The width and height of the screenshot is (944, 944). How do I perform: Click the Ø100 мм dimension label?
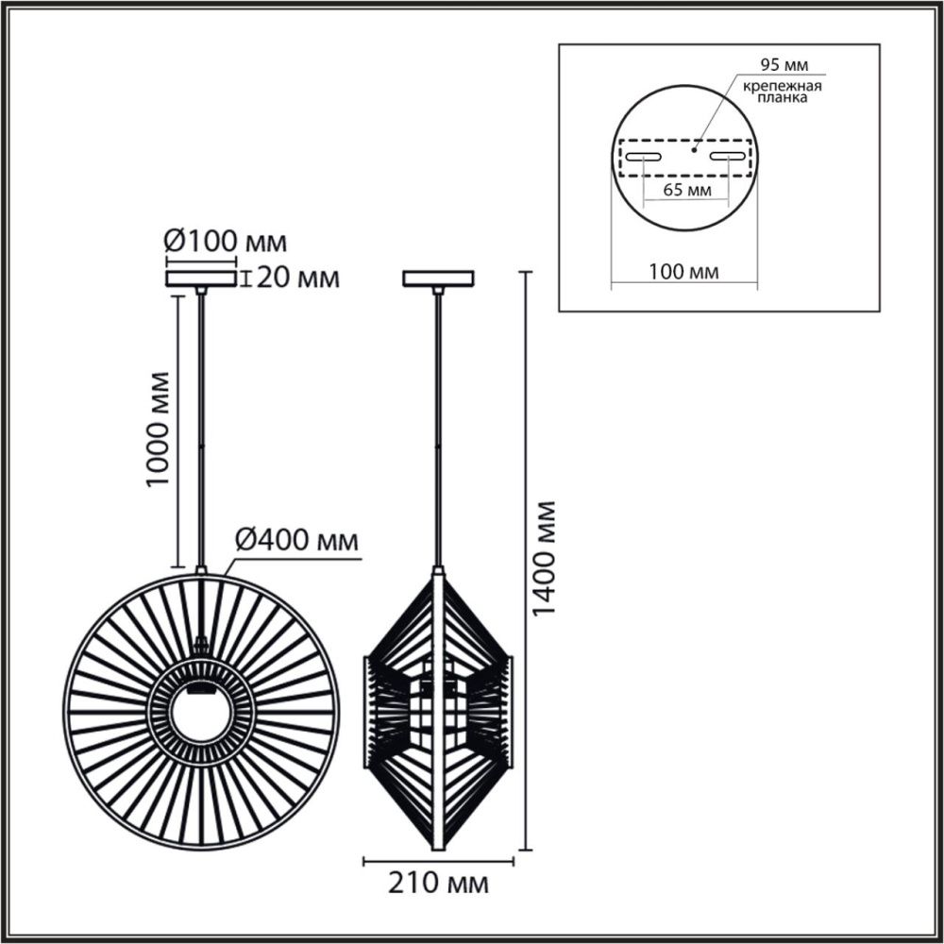[x=226, y=243]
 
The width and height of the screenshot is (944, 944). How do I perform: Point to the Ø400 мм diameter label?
[x=295, y=541]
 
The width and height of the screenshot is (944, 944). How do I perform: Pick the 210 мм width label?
[x=440, y=885]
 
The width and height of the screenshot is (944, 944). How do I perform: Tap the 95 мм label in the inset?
[x=784, y=64]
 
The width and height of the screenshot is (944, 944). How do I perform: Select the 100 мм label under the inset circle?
[x=685, y=272]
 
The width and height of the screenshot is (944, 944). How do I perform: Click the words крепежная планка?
[x=781, y=92]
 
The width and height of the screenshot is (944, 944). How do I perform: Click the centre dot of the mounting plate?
[x=694, y=147]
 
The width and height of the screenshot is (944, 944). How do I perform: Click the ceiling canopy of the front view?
[x=200, y=278]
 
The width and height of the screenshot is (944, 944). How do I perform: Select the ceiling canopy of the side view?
[x=438, y=278]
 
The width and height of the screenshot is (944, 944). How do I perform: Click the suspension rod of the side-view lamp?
[x=438, y=425]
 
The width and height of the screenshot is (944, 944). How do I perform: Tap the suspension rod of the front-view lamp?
[x=200, y=425]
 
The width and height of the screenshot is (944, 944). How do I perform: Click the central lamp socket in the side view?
[x=437, y=708]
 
